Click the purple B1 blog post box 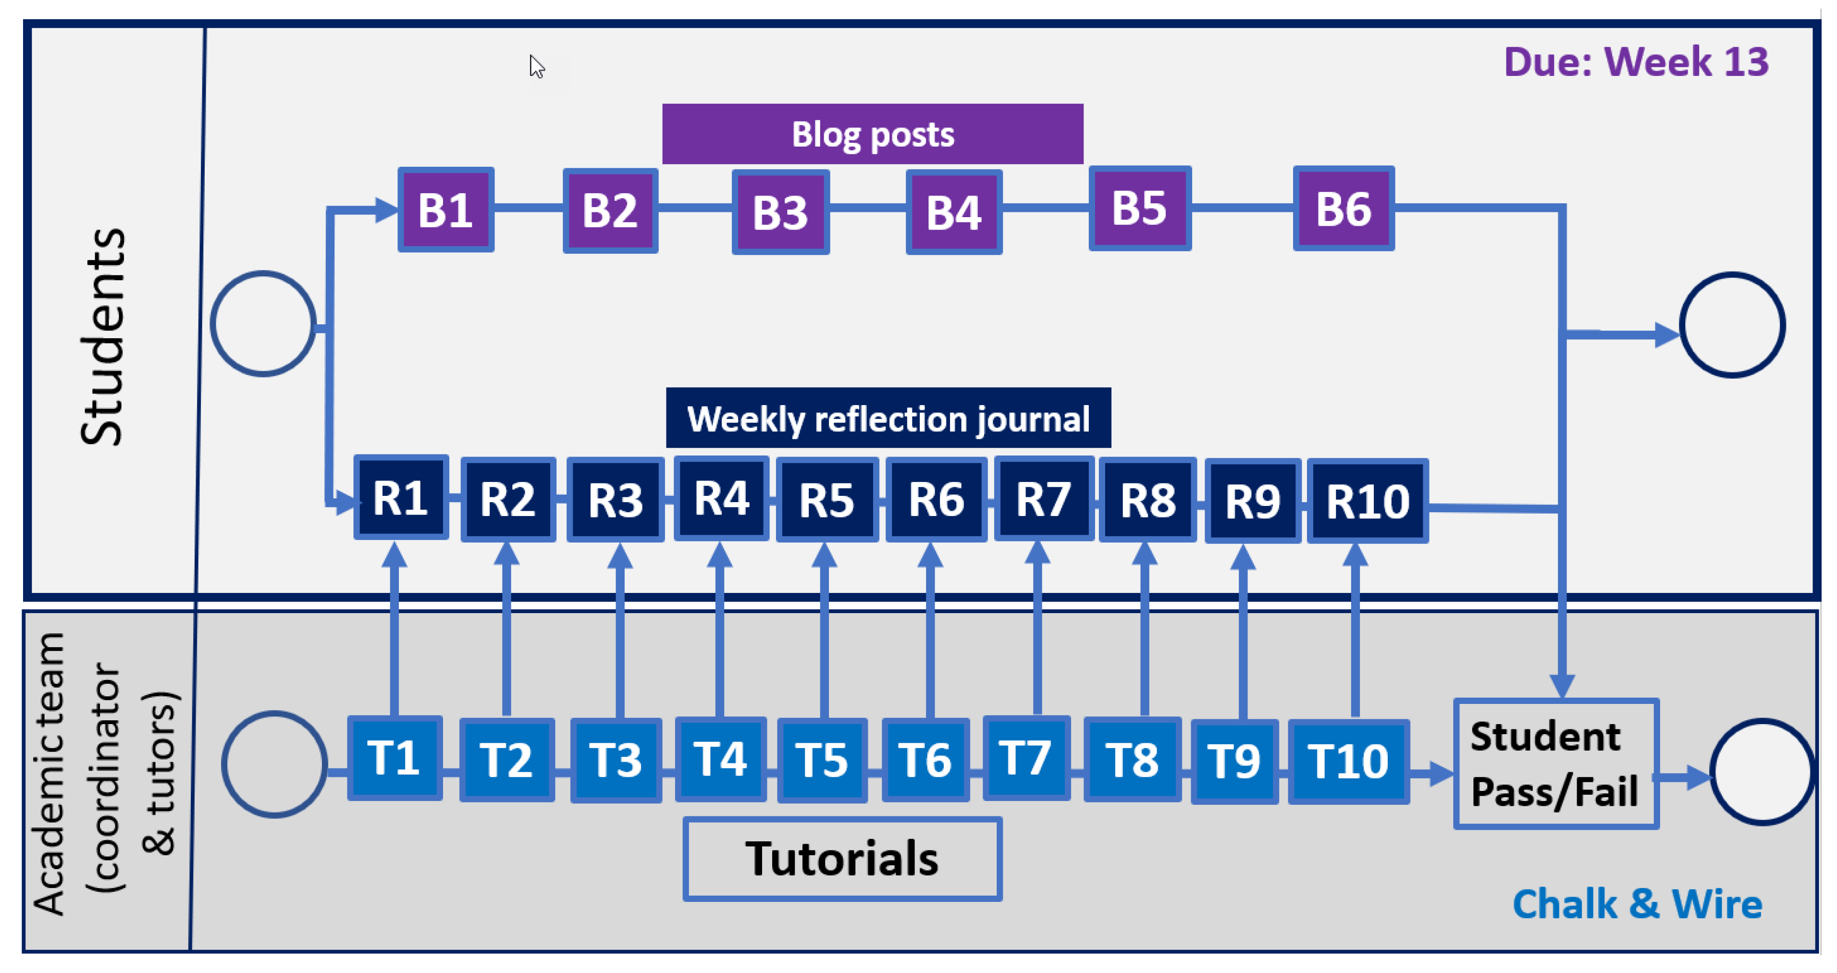pyautogui.click(x=446, y=209)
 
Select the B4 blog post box pyautogui.click(x=953, y=212)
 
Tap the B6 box pyautogui.click(x=1344, y=209)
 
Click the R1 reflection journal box pyautogui.click(x=401, y=497)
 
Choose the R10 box pyautogui.click(x=1367, y=501)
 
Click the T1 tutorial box pyautogui.click(x=395, y=758)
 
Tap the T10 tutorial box pyautogui.click(x=1348, y=761)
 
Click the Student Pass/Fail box pyautogui.click(x=1555, y=764)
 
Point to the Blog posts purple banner pyautogui.click(x=872, y=134)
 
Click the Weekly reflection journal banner pyautogui.click(x=888, y=418)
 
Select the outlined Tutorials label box pyautogui.click(x=842, y=858)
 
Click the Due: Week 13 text pyautogui.click(x=1636, y=62)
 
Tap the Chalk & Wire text pyautogui.click(x=1637, y=904)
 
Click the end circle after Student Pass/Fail pyautogui.click(x=1762, y=772)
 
